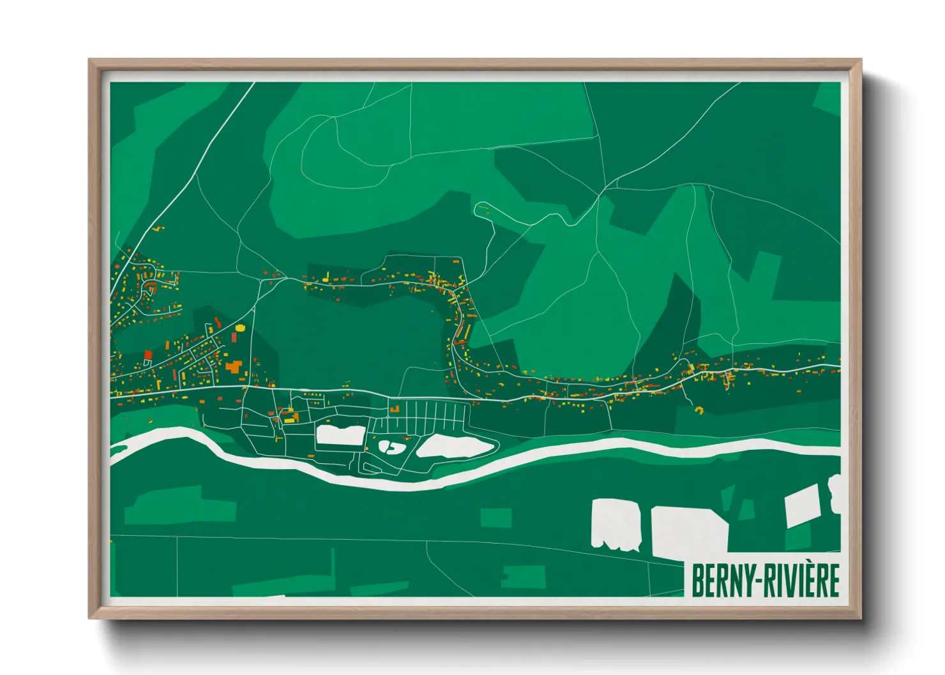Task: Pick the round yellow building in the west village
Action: (240, 328)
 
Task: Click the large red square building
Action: (148, 355)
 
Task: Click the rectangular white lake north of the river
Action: (340, 435)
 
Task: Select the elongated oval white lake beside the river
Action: (455, 446)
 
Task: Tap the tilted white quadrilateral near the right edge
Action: (803, 506)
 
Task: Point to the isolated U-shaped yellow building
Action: (699, 410)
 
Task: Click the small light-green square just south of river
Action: (495, 517)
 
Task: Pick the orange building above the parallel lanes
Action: (395, 408)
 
